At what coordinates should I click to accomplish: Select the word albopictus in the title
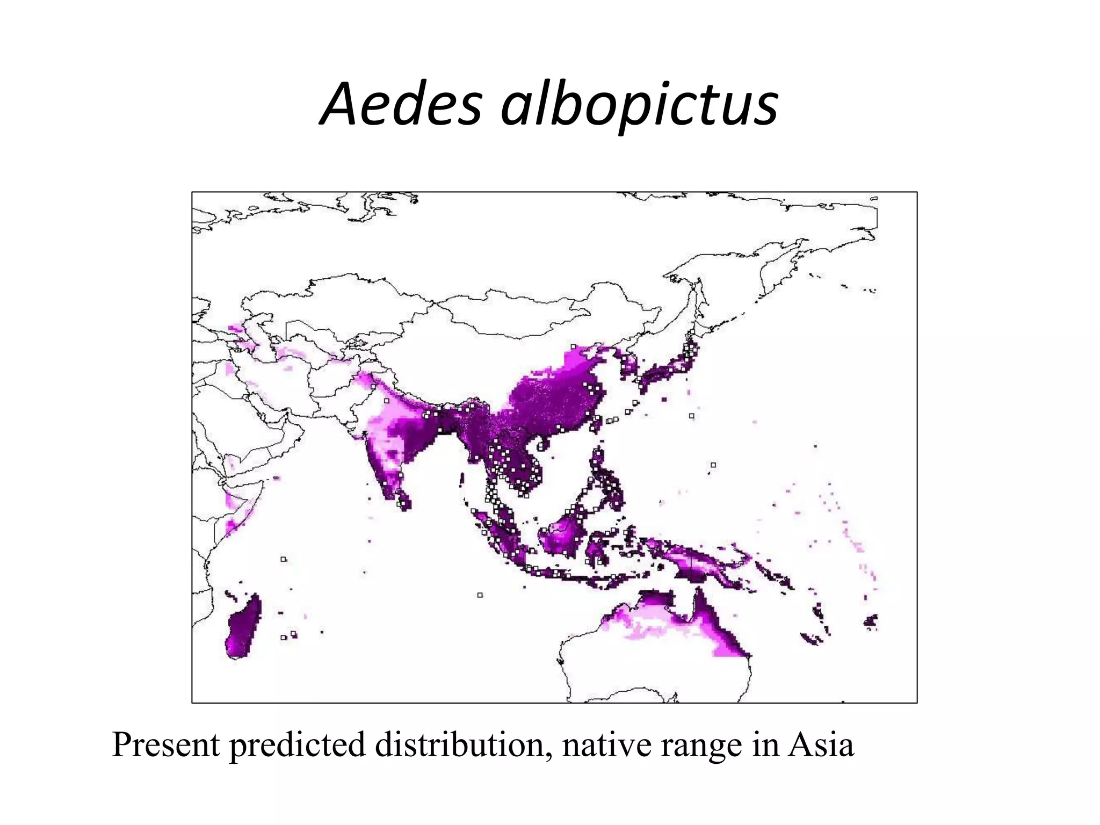pos(639,106)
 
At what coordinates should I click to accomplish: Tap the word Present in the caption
pos(166,746)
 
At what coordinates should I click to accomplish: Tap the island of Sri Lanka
pos(404,500)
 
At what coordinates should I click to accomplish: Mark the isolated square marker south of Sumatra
pos(480,595)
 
